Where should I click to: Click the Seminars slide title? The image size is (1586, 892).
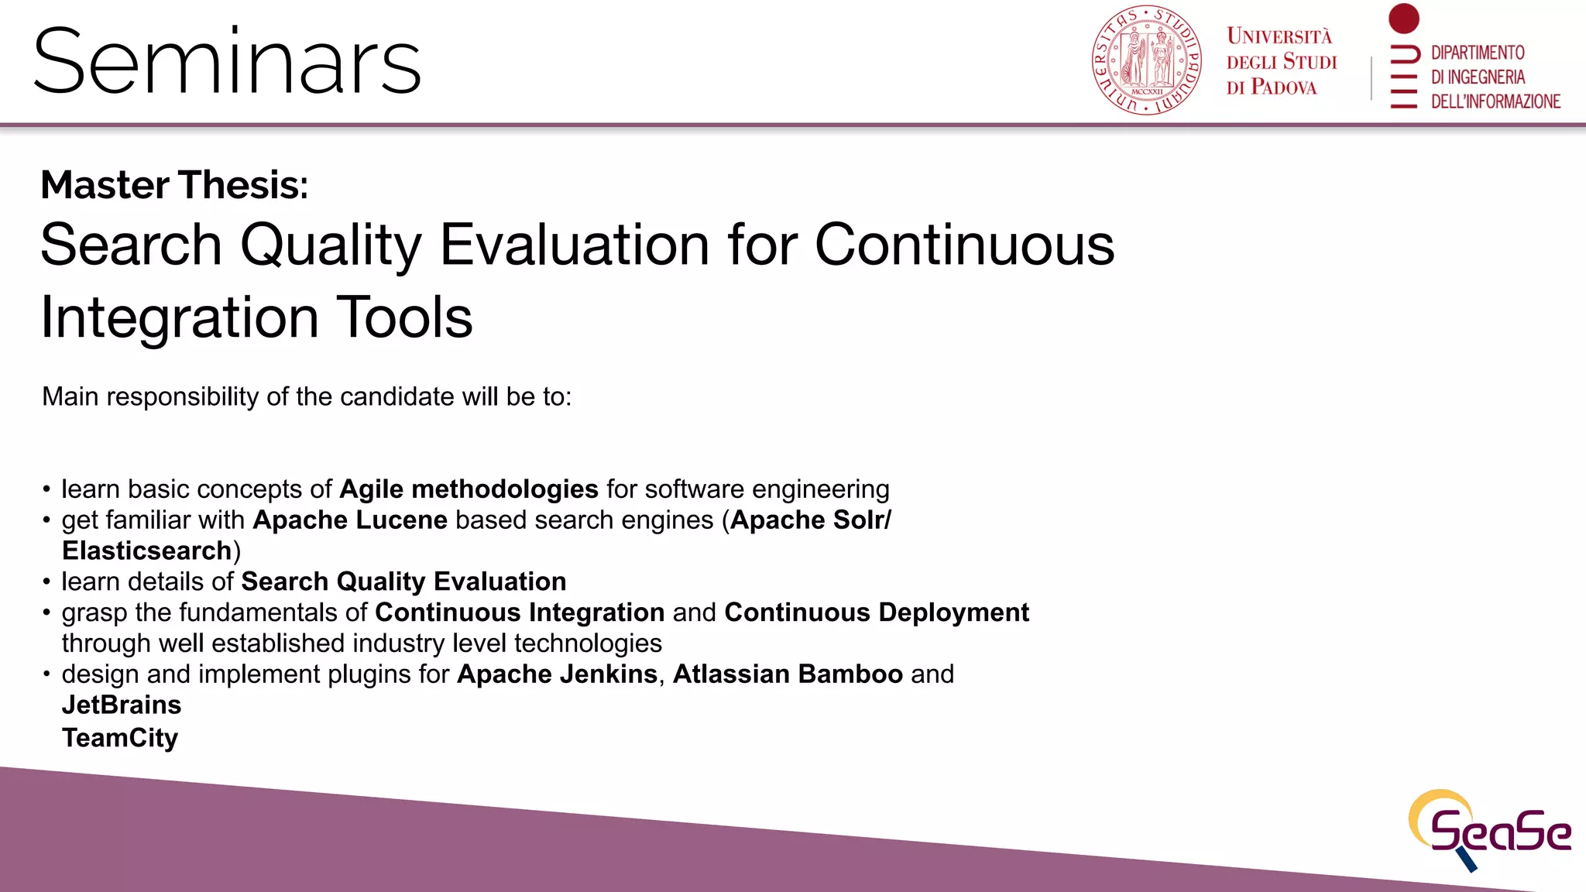227,62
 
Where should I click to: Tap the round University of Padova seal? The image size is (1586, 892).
1146,60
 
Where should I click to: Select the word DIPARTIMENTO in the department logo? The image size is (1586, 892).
1477,53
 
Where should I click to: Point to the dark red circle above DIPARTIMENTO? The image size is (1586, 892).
1403,19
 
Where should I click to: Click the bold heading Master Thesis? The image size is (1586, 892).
174,185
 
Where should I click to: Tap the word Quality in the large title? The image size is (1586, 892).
331,245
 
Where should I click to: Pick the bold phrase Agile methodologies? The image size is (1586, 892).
469,489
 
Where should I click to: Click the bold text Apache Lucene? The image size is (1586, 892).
350,520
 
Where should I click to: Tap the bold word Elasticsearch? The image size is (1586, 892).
147,551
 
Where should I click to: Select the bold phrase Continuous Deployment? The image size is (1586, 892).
876,612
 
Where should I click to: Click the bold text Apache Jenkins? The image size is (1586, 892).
557,674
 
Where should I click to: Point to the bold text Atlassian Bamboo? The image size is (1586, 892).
788,674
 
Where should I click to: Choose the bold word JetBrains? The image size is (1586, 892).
122,705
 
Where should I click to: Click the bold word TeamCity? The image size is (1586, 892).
120,738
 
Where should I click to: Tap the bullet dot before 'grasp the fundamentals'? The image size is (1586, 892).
46,613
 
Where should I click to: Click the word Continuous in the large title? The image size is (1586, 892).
963,245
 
